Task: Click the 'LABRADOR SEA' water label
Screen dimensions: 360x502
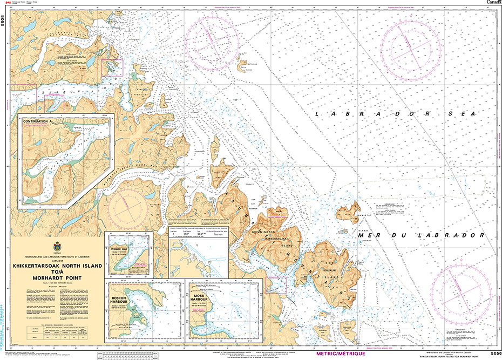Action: coord(397,114)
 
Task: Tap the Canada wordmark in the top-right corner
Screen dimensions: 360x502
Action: coord(492,3)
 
